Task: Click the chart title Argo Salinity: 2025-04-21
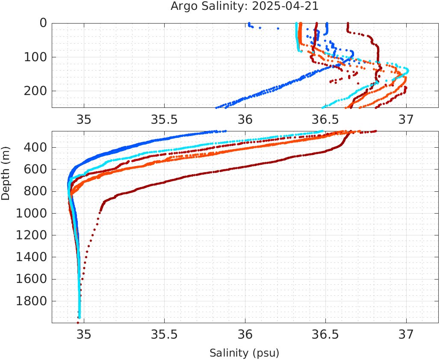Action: tap(245, 6)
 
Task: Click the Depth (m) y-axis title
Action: tap(6, 178)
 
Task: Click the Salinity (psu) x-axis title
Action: tap(244, 353)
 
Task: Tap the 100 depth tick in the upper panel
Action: tap(37, 57)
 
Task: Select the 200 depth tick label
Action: tap(37, 91)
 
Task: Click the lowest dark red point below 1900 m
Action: tap(78, 322)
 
